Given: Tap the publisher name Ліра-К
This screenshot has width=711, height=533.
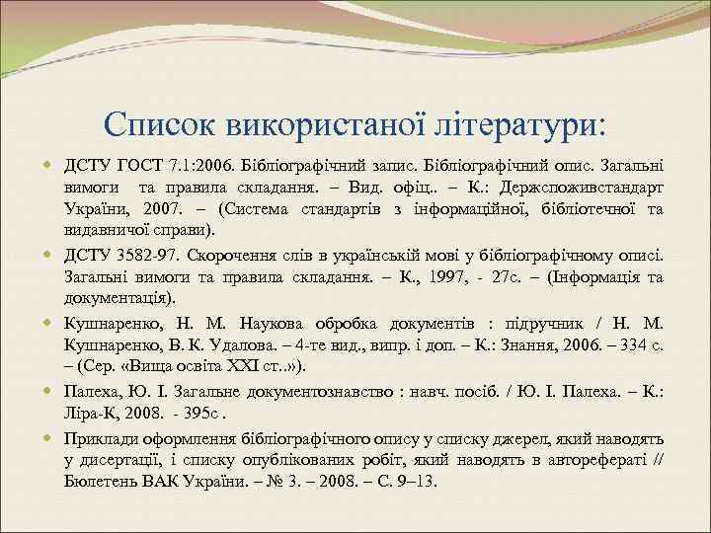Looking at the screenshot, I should point(92,414).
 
